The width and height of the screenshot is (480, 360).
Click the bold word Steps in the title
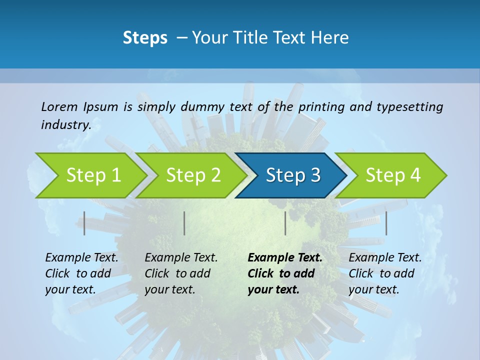pyautogui.click(x=145, y=38)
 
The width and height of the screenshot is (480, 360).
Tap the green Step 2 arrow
pyautogui.click(x=193, y=175)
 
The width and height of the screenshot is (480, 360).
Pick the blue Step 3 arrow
pyautogui.click(x=293, y=175)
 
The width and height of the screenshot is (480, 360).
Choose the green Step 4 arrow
pyautogui.click(x=393, y=175)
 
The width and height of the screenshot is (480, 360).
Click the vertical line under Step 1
pyautogui.click(x=84, y=223)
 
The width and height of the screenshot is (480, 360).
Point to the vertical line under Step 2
pyautogui.click(x=184, y=223)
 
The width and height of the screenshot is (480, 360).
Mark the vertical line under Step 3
pyautogui.click(x=285, y=223)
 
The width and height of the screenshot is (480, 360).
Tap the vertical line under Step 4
pyautogui.click(x=386, y=223)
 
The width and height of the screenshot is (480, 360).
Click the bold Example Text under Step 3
pyautogui.click(x=285, y=258)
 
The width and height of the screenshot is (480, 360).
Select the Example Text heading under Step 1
pyautogui.click(x=81, y=258)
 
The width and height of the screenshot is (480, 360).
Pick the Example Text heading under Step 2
pyautogui.click(x=181, y=258)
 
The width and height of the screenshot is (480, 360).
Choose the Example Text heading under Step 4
pyautogui.click(x=385, y=258)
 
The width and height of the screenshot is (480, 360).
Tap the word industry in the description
pyautogui.click(x=65, y=124)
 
